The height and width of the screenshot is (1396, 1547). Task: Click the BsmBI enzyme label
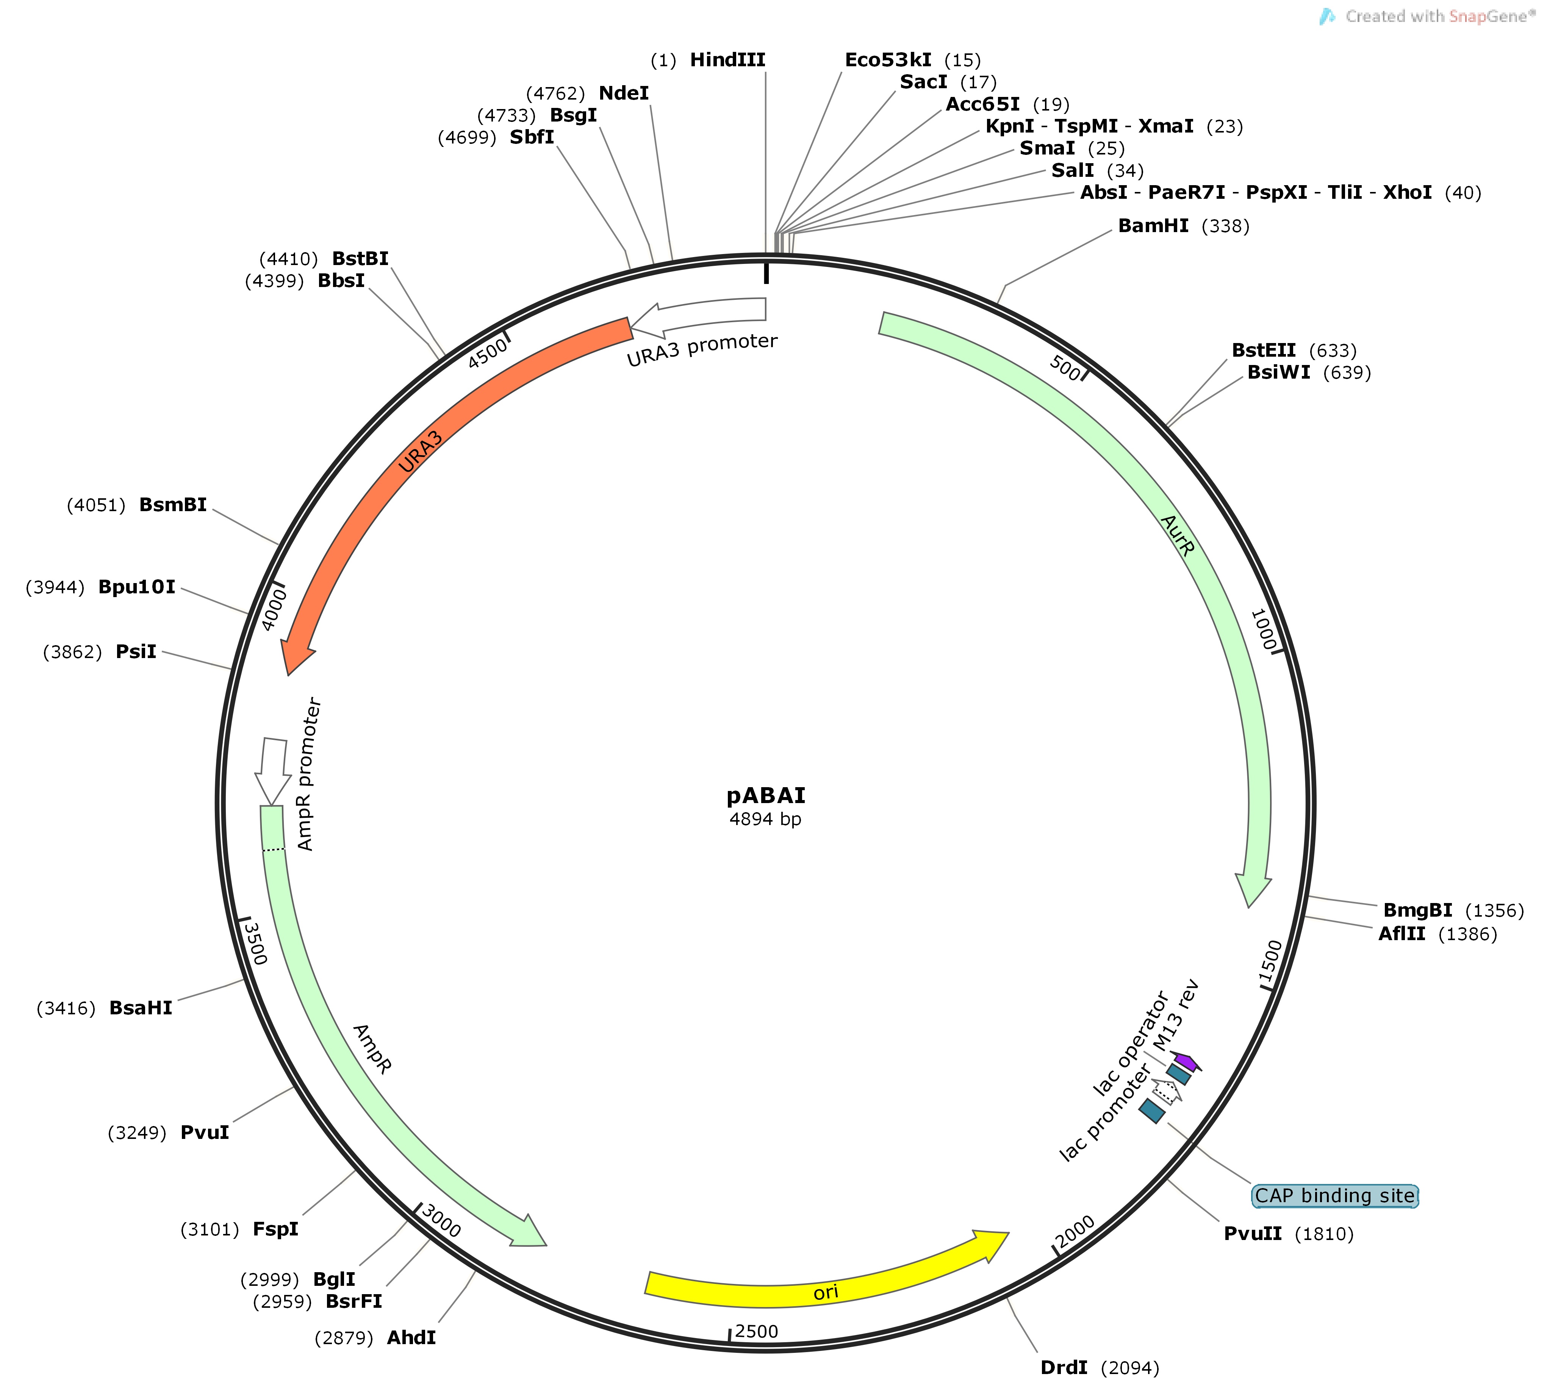point(173,505)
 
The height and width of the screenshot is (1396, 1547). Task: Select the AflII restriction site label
point(1402,933)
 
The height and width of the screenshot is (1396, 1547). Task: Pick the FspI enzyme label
point(275,1229)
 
